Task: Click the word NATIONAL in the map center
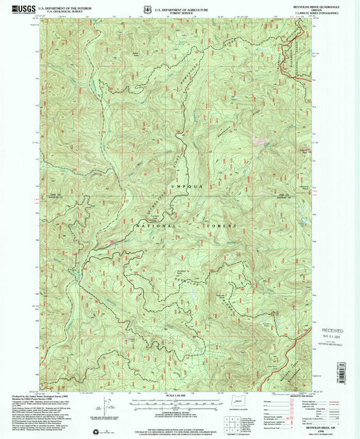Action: [x=156, y=226]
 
